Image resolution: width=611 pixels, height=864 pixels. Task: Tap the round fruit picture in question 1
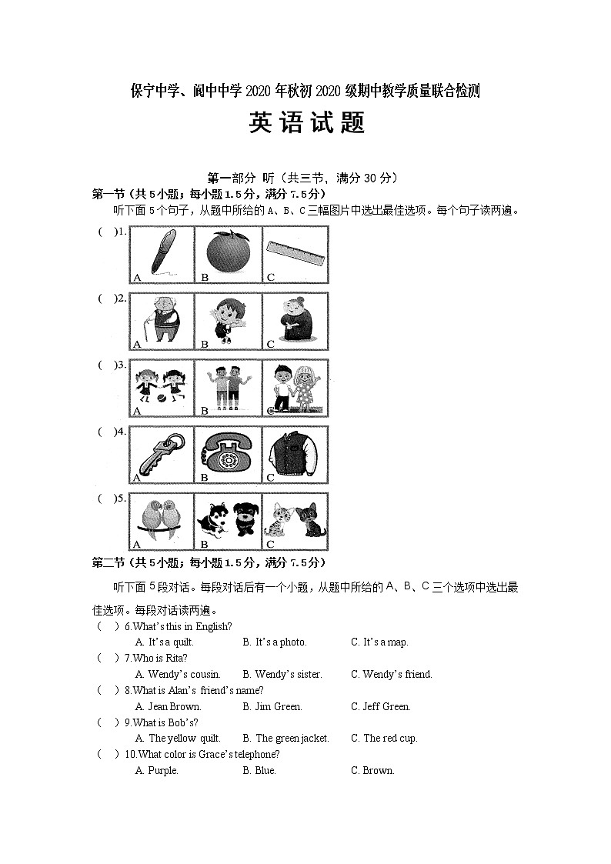(228, 252)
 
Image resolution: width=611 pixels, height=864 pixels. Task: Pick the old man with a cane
(162, 319)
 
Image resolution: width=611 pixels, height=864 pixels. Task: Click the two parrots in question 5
(162, 521)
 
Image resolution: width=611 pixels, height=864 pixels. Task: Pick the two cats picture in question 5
(296, 521)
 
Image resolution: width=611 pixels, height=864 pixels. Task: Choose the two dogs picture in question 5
(228, 521)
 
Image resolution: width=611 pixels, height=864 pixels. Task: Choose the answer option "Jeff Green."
(386, 706)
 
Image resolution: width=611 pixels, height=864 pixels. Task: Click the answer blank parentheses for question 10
(107, 754)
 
